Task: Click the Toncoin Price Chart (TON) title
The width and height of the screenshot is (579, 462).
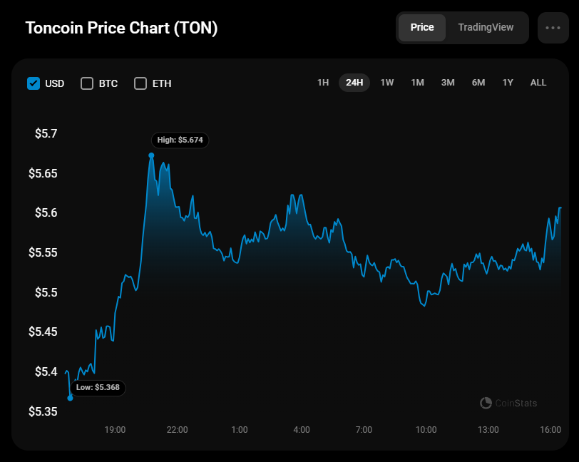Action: (121, 28)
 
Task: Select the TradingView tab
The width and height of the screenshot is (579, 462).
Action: (486, 27)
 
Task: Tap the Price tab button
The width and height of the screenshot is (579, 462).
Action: (422, 27)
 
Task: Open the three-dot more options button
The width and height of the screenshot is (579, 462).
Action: (553, 28)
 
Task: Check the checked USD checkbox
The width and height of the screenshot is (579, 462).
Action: (34, 83)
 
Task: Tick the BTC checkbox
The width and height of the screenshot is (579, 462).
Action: (87, 83)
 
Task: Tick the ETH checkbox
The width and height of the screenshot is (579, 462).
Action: (140, 83)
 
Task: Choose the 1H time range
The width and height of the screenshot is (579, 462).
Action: (323, 83)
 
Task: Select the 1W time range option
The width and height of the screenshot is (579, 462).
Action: (387, 83)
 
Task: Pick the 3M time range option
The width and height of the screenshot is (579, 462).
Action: (448, 83)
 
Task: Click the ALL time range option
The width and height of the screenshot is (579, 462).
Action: (538, 83)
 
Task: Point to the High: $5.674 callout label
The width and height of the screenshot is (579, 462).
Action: (180, 140)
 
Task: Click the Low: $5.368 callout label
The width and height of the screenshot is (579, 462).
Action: (98, 387)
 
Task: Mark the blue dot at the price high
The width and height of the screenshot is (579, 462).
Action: (151, 155)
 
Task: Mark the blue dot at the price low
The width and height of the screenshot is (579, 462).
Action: (70, 398)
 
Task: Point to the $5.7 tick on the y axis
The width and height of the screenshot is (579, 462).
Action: (46, 133)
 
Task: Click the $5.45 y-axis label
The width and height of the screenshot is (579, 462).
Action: (43, 332)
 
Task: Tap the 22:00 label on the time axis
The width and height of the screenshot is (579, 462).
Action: (178, 429)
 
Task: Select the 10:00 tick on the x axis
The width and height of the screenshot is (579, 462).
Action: (426, 429)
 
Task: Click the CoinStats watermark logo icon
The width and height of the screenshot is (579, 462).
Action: (486, 403)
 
